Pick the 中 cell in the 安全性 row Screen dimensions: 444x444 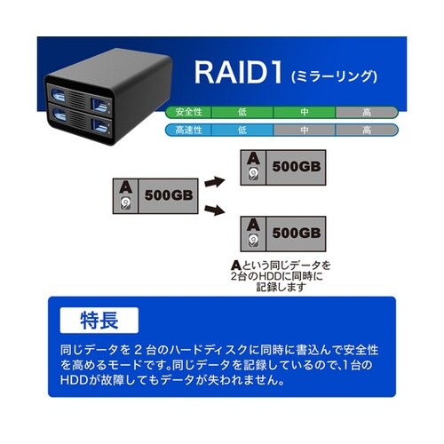303,113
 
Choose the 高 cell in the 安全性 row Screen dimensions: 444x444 366,113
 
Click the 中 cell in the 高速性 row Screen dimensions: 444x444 303,131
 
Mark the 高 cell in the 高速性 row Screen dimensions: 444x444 366,131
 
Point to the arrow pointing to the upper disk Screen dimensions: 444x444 214,180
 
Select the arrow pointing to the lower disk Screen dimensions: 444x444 214,211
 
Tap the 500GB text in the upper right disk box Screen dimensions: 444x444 295,166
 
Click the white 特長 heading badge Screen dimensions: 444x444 99,318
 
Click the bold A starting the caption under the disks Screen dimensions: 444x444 235,266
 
